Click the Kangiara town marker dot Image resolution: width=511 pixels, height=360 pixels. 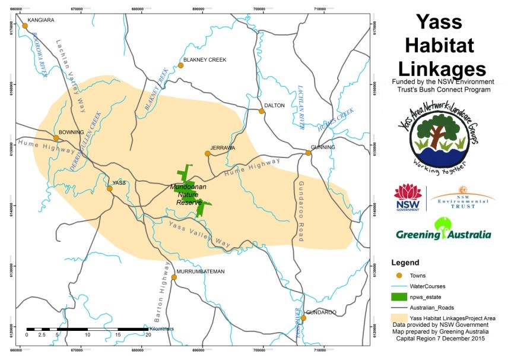coord(25,26)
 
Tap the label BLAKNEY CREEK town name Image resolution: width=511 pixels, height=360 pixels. coord(205,60)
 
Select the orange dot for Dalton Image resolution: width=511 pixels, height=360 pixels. coord(261,111)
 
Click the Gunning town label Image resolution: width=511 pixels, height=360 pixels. coord(322,147)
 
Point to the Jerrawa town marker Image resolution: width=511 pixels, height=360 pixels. coord(208,154)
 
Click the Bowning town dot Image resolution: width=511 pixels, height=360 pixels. coord(56,138)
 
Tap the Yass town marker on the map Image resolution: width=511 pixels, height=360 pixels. coord(110,188)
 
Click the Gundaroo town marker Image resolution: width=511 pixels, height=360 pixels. coord(303,318)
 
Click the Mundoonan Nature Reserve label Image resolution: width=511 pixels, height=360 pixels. coord(188,194)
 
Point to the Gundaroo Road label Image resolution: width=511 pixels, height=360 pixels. coord(301,211)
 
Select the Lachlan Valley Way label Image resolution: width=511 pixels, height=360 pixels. coord(71,75)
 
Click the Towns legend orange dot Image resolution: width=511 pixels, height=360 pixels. coord(399,275)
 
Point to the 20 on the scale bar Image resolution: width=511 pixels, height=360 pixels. coord(148,335)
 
